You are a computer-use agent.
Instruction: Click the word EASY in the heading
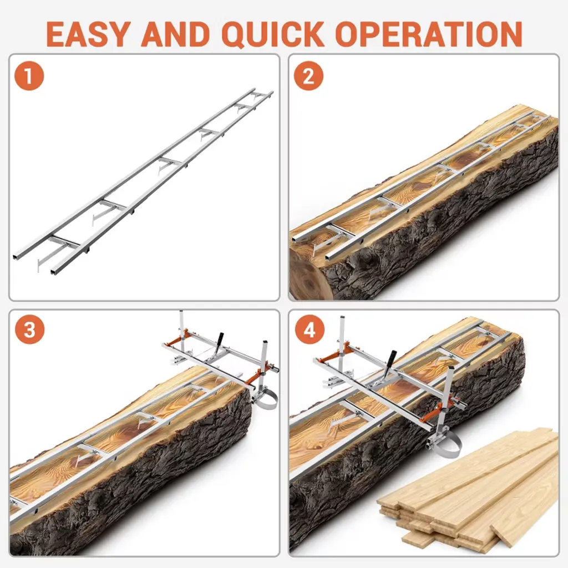pyautogui.click(x=88, y=34)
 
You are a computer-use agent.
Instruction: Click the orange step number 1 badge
pyautogui.click(x=29, y=75)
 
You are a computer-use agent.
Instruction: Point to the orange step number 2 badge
pyautogui.click(x=308, y=75)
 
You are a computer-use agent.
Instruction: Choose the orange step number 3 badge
pyautogui.click(x=29, y=329)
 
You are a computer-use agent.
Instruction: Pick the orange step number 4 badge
pyautogui.click(x=309, y=329)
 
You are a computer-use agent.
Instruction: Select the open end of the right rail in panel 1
pyautogui.click(x=55, y=270)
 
